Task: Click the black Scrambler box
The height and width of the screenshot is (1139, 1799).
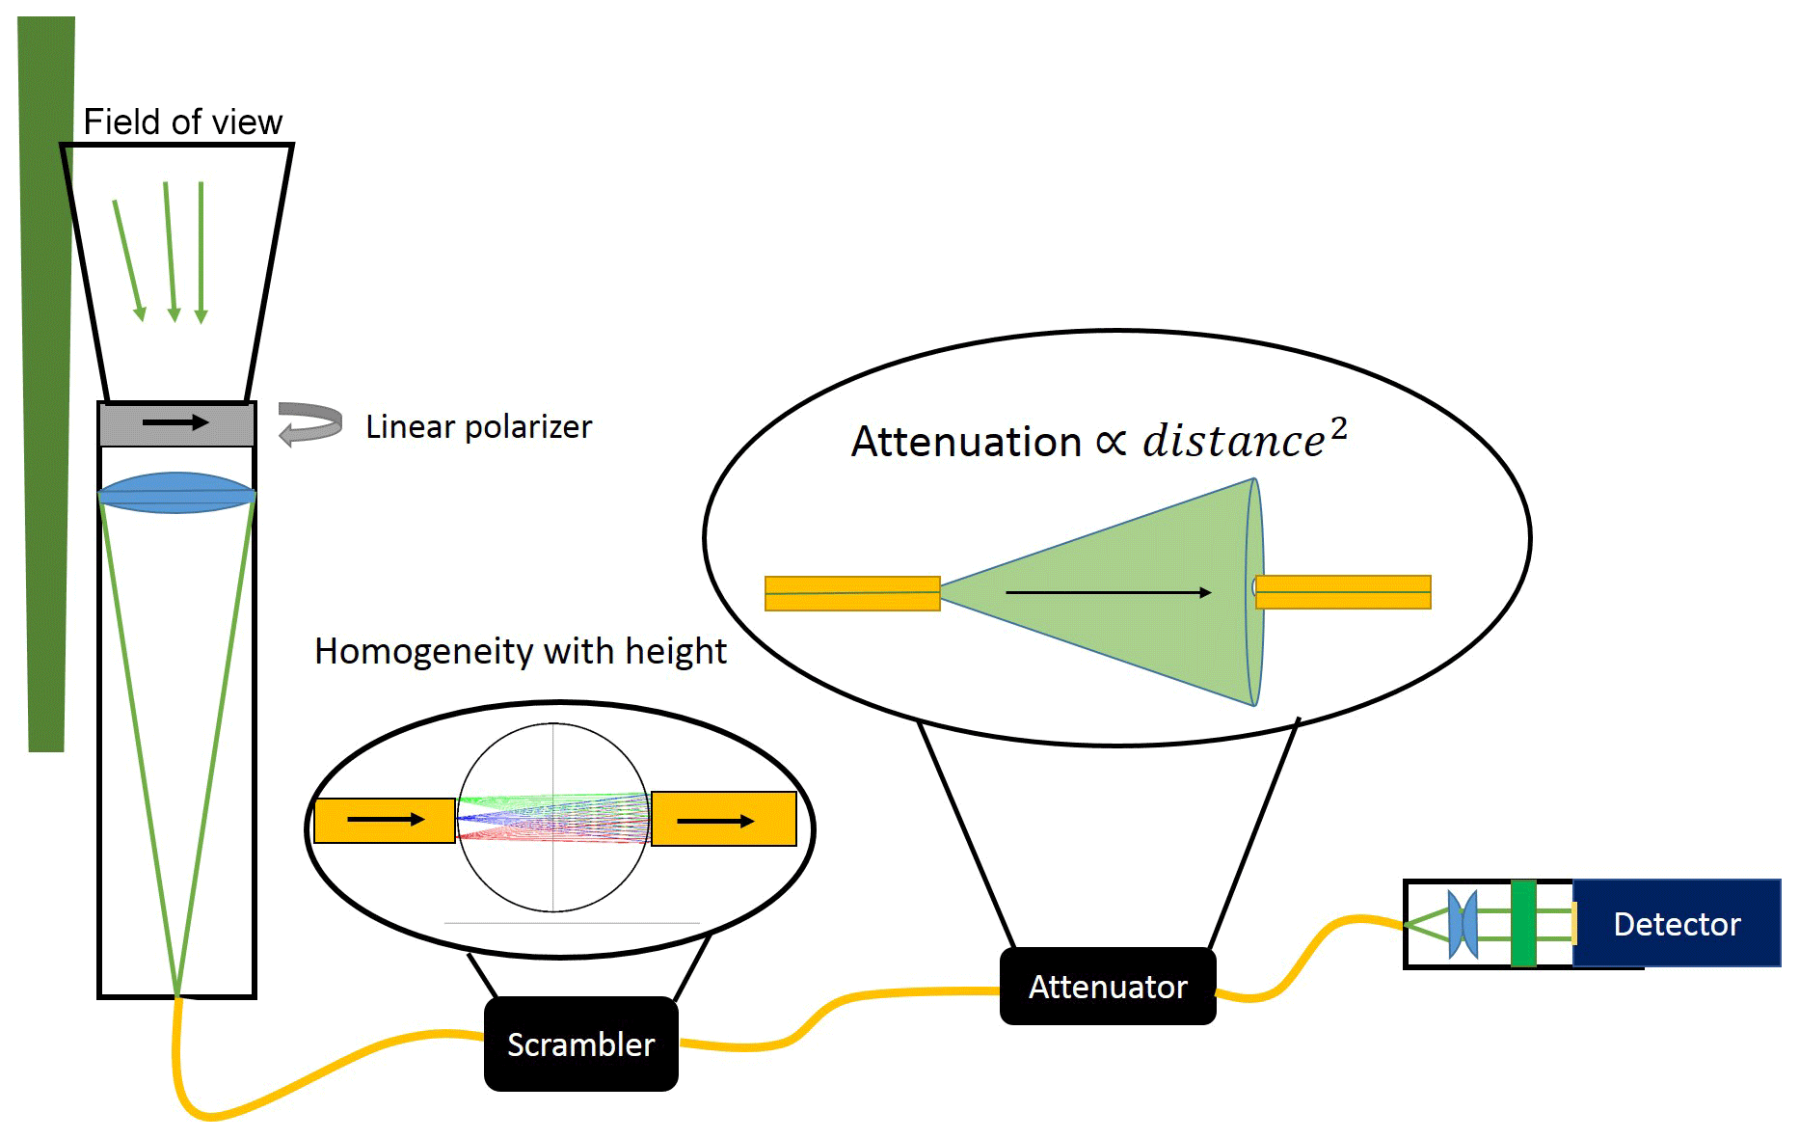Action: (x=580, y=1044)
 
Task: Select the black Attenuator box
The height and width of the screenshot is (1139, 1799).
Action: (x=1108, y=987)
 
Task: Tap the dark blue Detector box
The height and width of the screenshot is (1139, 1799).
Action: (x=1677, y=924)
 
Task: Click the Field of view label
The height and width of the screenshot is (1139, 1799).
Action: (x=182, y=122)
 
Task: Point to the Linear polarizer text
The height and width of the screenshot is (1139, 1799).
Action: (x=478, y=426)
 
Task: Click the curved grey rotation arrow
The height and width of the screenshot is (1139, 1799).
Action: (x=310, y=423)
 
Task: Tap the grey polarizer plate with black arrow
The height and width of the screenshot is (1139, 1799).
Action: (x=176, y=424)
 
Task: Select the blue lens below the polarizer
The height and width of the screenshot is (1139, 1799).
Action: (x=176, y=493)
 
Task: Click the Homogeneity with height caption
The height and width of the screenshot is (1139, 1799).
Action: (x=520, y=651)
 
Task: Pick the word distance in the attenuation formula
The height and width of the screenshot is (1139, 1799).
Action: (x=1233, y=442)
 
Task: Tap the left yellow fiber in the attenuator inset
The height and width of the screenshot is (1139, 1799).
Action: (x=852, y=593)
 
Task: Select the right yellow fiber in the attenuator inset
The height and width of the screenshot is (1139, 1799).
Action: (x=1343, y=592)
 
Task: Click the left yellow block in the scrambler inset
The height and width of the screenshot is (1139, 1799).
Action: (x=384, y=821)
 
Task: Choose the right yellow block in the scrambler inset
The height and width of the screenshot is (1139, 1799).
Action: (x=723, y=820)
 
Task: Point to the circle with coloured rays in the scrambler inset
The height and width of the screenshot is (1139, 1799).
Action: (x=552, y=818)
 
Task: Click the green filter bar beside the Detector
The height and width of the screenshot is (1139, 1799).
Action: (x=1523, y=923)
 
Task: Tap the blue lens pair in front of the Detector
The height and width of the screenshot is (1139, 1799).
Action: (x=1463, y=924)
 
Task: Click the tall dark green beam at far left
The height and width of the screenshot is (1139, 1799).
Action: (x=46, y=386)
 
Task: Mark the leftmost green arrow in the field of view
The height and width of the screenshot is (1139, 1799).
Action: (x=128, y=260)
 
